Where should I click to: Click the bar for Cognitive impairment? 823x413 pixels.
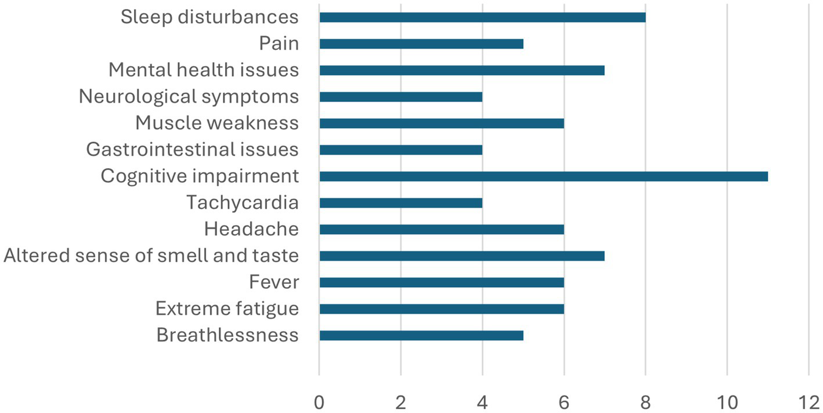coord(543,176)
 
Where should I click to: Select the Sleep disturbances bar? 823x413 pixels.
coord(482,17)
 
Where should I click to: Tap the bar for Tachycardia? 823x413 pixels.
coord(400,203)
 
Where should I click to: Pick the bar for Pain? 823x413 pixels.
coord(421,44)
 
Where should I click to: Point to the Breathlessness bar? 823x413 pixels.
coord(421,335)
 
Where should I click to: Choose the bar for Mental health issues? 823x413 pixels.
coord(462,70)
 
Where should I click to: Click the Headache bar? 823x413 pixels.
coord(442,229)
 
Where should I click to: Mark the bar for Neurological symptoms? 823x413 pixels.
coord(400,97)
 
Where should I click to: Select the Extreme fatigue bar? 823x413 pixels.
coord(442,309)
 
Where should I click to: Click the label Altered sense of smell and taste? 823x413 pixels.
coord(151,256)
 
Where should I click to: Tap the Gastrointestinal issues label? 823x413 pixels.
coord(192,150)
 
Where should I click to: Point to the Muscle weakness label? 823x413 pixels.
coord(217,123)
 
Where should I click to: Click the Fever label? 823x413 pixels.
coord(274,282)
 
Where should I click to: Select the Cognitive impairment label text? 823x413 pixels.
coord(200,176)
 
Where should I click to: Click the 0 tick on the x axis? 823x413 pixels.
coord(319,402)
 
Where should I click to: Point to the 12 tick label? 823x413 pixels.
coord(808,402)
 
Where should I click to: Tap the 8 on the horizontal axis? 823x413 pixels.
coord(645,402)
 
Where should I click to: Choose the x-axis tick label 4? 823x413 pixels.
coord(482,402)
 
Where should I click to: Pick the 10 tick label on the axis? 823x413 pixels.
coord(727,402)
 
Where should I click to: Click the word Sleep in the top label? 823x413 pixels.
coord(142,17)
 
